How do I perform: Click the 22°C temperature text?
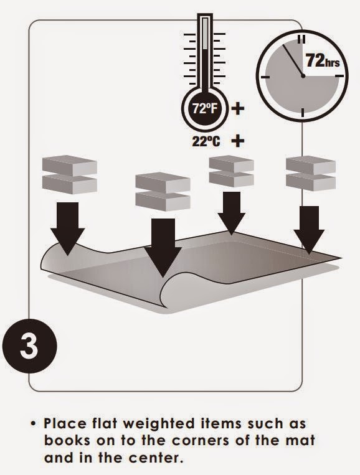(x=206, y=141)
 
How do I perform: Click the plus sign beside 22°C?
(x=237, y=141)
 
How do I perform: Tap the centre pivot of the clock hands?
(x=303, y=75)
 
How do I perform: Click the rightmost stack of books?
(x=311, y=172)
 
